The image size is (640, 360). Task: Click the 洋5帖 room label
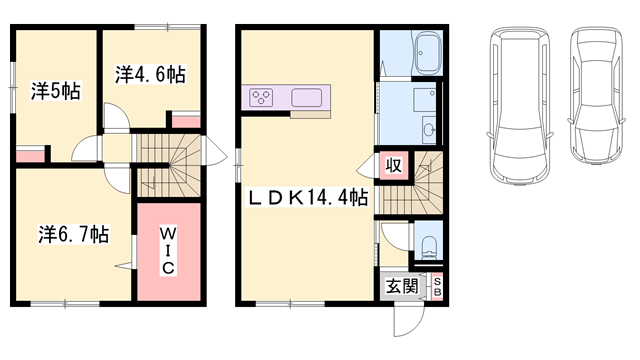point(54,91)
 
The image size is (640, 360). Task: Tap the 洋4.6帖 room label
point(150,73)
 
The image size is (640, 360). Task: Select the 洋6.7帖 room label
point(74,235)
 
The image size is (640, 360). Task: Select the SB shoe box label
point(437,287)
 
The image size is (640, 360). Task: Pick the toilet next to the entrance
point(429,247)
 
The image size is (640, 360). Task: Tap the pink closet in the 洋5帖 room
point(30,155)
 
